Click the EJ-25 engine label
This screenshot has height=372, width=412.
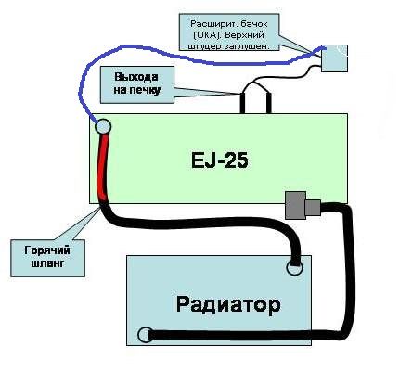point(220,160)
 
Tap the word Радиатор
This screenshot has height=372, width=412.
point(228,304)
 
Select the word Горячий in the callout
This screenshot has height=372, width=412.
point(47,250)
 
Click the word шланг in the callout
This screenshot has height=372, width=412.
point(48,263)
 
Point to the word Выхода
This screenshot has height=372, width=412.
point(136,77)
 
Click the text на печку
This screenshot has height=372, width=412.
point(137,90)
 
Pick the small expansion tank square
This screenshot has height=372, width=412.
point(334,58)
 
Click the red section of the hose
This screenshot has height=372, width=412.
point(103,168)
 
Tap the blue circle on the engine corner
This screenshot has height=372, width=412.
point(103,126)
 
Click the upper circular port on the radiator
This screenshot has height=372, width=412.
point(294,267)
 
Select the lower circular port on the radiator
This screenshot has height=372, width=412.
point(145,335)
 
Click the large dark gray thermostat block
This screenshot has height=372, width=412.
point(296,205)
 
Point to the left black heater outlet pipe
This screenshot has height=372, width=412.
point(243,102)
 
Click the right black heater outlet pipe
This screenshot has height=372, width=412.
point(268,103)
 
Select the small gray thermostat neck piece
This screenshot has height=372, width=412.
point(313,208)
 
